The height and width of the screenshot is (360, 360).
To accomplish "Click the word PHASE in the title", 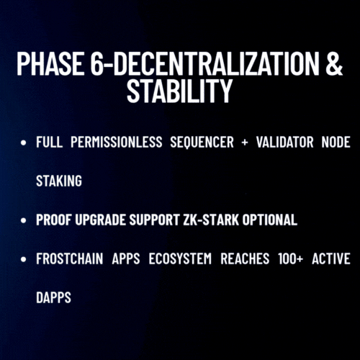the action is pyautogui.click(x=50, y=63).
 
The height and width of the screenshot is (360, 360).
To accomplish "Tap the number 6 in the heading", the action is pyautogui.click(x=97, y=63).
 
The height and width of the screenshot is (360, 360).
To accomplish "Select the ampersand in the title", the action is pyautogui.click(x=334, y=63).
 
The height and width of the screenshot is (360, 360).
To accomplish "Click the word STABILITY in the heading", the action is pyautogui.click(x=180, y=91).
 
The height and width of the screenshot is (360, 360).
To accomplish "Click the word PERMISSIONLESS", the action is pyautogui.click(x=117, y=142).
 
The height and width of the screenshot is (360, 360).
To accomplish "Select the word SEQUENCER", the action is pyautogui.click(x=202, y=142).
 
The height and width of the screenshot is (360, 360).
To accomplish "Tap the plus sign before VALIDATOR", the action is pyautogui.click(x=245, y=143).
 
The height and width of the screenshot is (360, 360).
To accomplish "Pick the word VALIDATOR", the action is pyautogui.click(x=284, y=142).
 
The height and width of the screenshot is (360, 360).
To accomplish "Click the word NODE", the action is pyautogui.click(x=336, y=142).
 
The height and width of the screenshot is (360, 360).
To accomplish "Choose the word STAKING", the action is pyautogui.click(x=59, y=181).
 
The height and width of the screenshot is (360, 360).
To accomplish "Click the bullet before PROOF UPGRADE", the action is pyautogui.click(x=24, y=220).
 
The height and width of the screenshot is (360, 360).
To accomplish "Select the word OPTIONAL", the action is pyautogui.click(x=270, y=220).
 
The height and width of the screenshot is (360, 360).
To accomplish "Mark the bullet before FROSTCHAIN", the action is pyautogui.click(x=24, y=259).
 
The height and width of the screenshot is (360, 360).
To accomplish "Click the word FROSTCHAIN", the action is pyautogui.click(x=70, y=258).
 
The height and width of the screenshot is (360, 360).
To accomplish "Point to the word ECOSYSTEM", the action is pyautogui.click(x=180, y=258).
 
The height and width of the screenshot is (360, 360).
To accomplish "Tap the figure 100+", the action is pyautogui.click(x=291, y=258).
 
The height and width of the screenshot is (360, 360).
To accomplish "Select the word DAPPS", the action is pyautogui.click(x=53, y=297).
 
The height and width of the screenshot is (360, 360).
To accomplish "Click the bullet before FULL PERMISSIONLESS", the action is pyautogui.click(x=24, y=143).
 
